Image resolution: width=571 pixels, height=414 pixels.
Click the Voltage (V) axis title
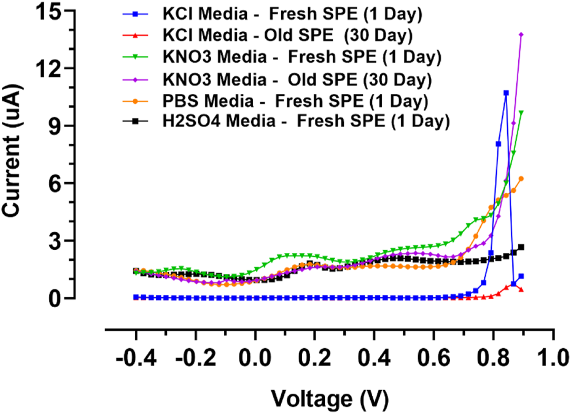coord(330,399)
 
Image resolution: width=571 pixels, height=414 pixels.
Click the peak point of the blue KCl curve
coord(506,93)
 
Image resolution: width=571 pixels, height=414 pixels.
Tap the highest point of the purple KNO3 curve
coord(521,35)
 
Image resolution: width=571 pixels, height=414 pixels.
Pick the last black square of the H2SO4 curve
coord(521,247)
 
